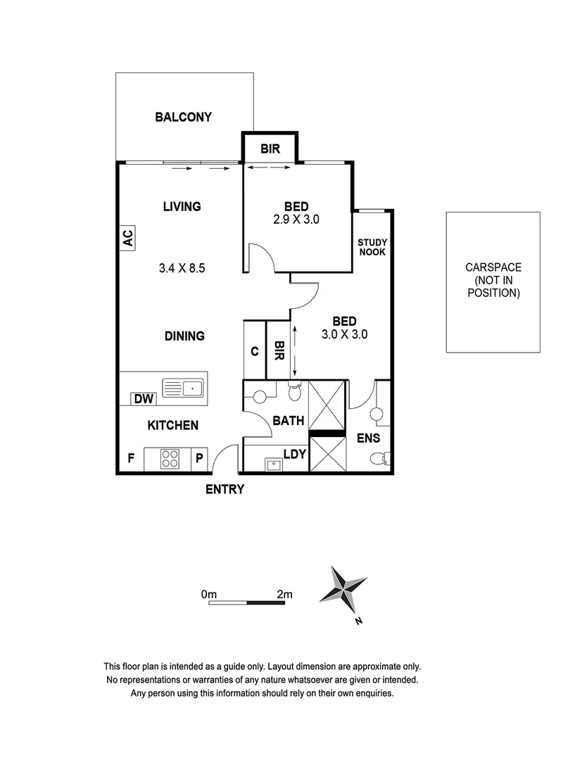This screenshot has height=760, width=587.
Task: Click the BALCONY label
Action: pyautogui.click(x=183, y=118)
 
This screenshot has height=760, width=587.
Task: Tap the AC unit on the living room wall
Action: pyautogui.click(x=127, y=238)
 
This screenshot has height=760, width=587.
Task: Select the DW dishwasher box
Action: pyautogui.click(x=144, y=399)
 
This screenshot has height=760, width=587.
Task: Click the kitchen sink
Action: pyautogui.click(x=182, y=386)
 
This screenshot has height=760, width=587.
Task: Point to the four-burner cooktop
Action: pyautogui.click(x=170, y=459)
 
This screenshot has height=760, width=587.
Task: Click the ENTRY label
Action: pyautogui.click(x=225, y=489)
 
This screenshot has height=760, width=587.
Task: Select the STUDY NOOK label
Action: pyautogui.click(x=372, y=247)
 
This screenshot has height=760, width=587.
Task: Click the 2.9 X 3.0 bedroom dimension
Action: pyautogui.click(x=296, y=220)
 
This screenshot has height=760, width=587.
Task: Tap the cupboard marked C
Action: pyautogui.click(x=254, y=350)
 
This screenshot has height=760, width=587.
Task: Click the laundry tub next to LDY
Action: pyautogui.click(x=272, y=464)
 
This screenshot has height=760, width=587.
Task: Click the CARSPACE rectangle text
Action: pyautogui.click(x=493, y=280)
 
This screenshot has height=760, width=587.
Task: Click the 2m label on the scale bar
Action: pyautogui.click(x=284, y=595)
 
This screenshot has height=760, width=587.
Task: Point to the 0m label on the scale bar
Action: pyautogui.click(x=209, y=595)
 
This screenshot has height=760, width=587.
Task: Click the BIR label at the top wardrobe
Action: pyautogui.click(x=270, y=148)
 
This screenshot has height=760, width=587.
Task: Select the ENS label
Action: pyautogui.click(x=368, y=438)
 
